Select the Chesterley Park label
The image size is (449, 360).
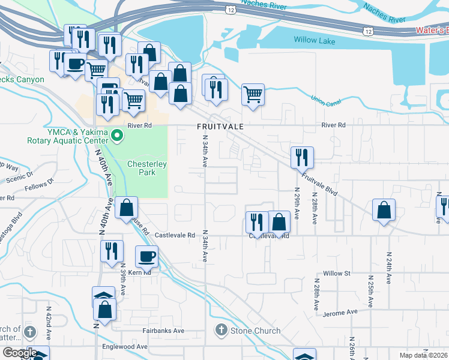[x=142, y=168]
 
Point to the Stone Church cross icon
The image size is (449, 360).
[x=221, y=331]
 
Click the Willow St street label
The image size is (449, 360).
[x=336, y=274]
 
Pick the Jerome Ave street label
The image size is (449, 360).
[x=340, y=313]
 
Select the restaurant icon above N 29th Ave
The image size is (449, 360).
[x=302, y=157]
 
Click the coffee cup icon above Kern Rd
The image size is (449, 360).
[x=146, y=257]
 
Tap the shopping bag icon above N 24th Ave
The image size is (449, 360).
[x=384, y=210]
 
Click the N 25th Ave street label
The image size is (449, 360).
[x=371, y=289]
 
